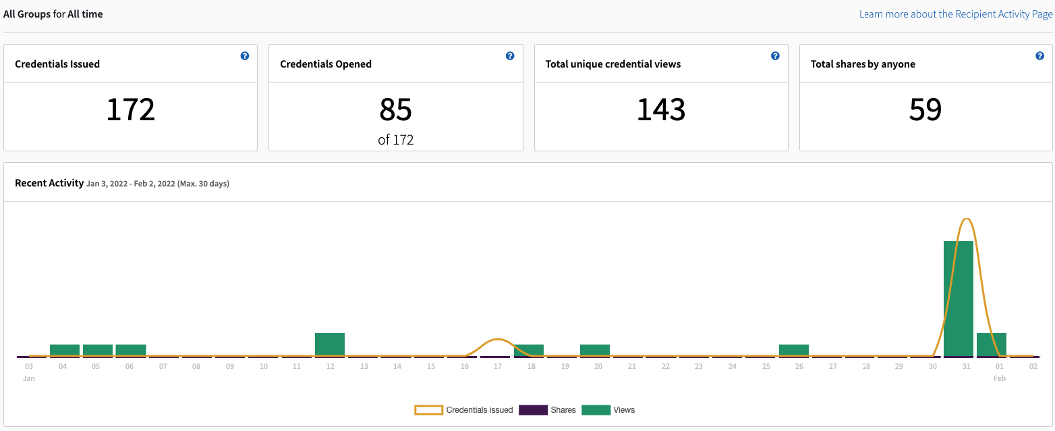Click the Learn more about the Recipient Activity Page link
955,14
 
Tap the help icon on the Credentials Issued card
245,56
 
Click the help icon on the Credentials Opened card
510,56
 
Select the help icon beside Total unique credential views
775,56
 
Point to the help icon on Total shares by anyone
1039,56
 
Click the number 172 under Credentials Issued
131,109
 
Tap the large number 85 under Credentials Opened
396,109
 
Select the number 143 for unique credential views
661,109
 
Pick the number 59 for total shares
925,109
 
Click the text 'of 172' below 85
396,141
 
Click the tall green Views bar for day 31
958,297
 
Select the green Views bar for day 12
330,345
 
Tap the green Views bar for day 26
794,350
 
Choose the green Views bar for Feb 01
992,345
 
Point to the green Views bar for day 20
595,350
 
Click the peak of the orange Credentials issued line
967,220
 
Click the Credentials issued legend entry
464,410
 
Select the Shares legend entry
547,410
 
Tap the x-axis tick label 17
497,367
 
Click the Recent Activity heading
49,183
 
